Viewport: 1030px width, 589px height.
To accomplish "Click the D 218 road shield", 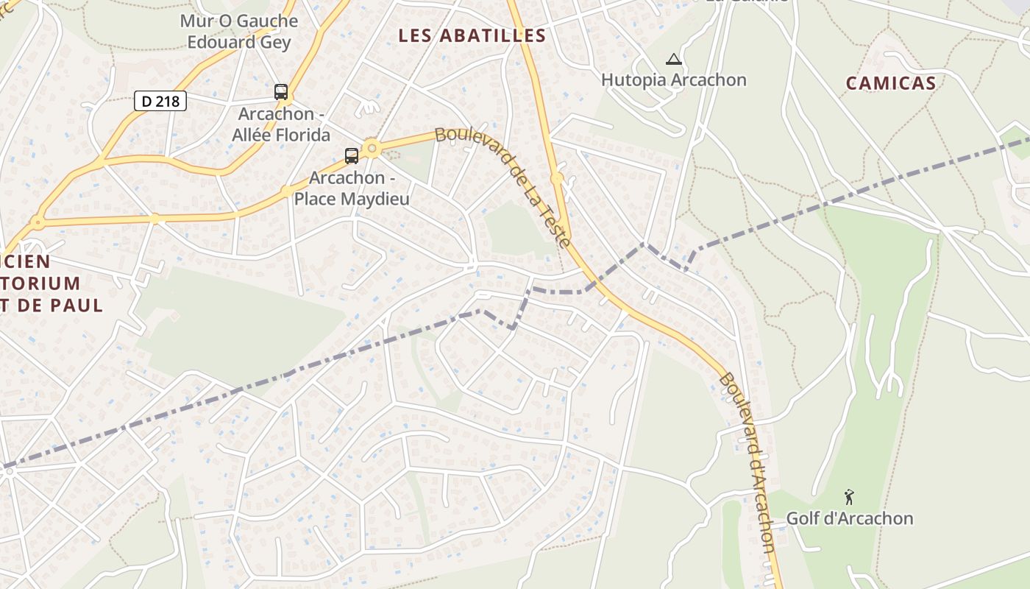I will [x=160, y=101].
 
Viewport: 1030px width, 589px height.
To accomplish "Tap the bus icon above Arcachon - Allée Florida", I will [x=281, y=92].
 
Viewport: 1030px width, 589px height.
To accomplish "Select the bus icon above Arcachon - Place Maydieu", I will [x=352, y=156].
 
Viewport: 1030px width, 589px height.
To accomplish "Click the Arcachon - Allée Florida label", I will [x=281, y=125].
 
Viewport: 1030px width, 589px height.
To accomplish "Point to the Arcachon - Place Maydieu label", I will [x=352, y=188].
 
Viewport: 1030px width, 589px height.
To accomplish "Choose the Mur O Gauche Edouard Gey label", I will [x=239, y=32].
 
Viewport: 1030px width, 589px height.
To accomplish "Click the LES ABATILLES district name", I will [x=472, y=35].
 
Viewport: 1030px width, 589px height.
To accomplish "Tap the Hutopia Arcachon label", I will [x=674, y=80].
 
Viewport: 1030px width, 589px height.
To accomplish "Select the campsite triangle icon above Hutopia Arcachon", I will [x=673, y=60].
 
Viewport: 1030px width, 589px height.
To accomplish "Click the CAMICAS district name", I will [x=890, y=83].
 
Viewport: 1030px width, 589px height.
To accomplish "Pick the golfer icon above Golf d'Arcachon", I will [x=849, y=498].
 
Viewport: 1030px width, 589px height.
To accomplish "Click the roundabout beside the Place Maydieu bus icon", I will [x=372, y=149].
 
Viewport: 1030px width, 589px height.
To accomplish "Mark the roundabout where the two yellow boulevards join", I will [x=557, y=178].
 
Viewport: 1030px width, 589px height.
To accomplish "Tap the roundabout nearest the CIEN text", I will [x=37, y=222].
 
